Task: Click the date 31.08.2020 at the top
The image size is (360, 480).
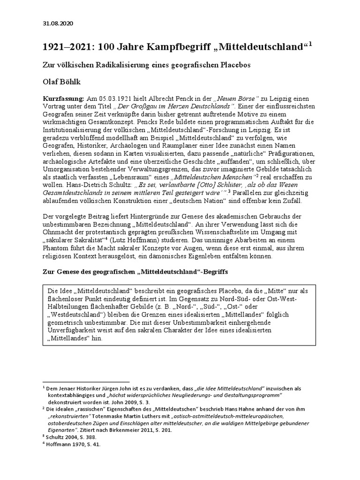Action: (x=58, y=23)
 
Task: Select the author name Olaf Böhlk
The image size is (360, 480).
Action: (x=63, y=82)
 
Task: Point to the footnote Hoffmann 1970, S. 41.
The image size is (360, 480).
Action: (x=74, y=444)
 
